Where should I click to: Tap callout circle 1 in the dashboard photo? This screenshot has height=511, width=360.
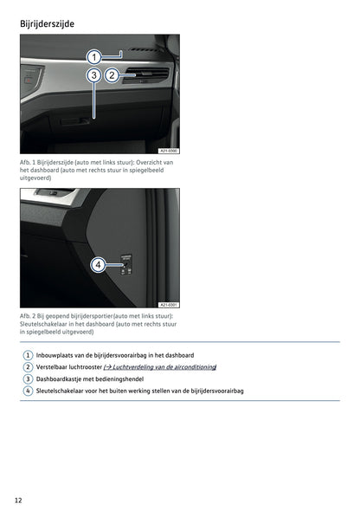pyautogui.click(x=93, y=57)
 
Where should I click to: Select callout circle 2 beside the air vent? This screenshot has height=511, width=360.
pyautogui.click(x=112, y=75)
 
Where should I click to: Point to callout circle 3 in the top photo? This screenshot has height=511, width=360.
pyautogui.click(x=93, y=75)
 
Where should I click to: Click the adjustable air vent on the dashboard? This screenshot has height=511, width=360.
pyautogui.click(x=145, y=77)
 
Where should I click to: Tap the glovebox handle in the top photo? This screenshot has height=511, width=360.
pyautogui.click(x=80, y=120)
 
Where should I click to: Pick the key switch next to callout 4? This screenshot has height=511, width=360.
pyautogui.click(x=125, y=263)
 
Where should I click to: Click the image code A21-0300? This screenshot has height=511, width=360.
pyautogui.click(x=169, y=150)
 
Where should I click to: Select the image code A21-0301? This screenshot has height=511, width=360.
pyautogui.click(x=169, y=305)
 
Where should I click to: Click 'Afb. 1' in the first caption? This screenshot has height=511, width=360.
pyautogui.click(x=29, y=162)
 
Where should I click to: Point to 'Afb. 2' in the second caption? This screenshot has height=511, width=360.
pyautogui.click(x=29, y=317)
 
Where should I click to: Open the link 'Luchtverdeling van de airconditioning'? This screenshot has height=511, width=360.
pyautogui.click(x=162, y=366)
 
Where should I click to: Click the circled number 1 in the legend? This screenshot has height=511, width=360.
pyautogui.click(x=28, y=355)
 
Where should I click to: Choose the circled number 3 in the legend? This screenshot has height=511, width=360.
pyautogui.click(x=28, y=378)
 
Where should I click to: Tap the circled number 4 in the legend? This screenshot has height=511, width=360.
pyautogui.click(x=28, y=391)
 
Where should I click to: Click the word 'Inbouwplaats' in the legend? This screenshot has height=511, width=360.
pyautogui.click(x=55, y=355)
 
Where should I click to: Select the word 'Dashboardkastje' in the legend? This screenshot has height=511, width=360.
pyautogui.click(x=60, y=378)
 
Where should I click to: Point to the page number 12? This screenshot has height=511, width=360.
pyautogui.click(x=19, y=500)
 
